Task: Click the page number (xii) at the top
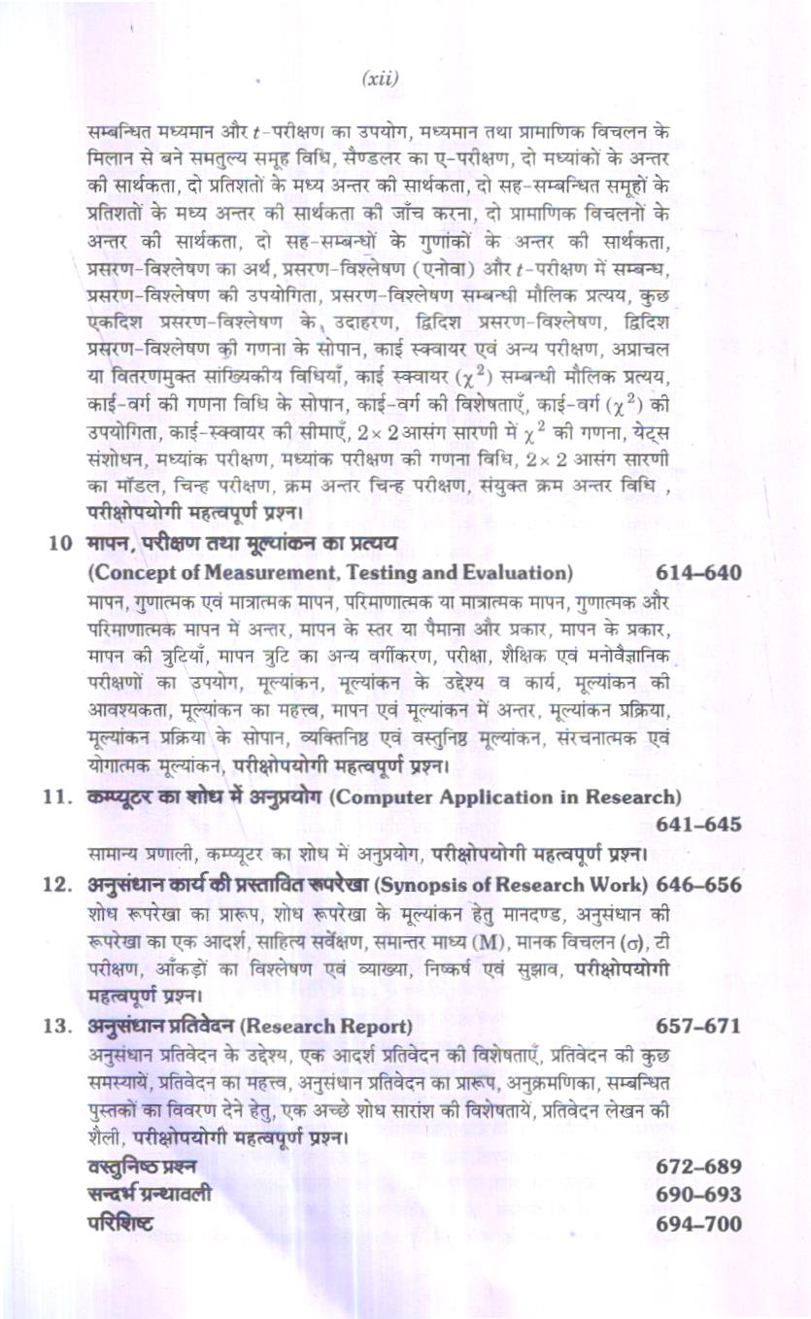[x=380, y=79]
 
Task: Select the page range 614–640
[x=698, y=572]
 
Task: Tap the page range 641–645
[x=698, y=825]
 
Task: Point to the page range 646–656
[x=698, y=885]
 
